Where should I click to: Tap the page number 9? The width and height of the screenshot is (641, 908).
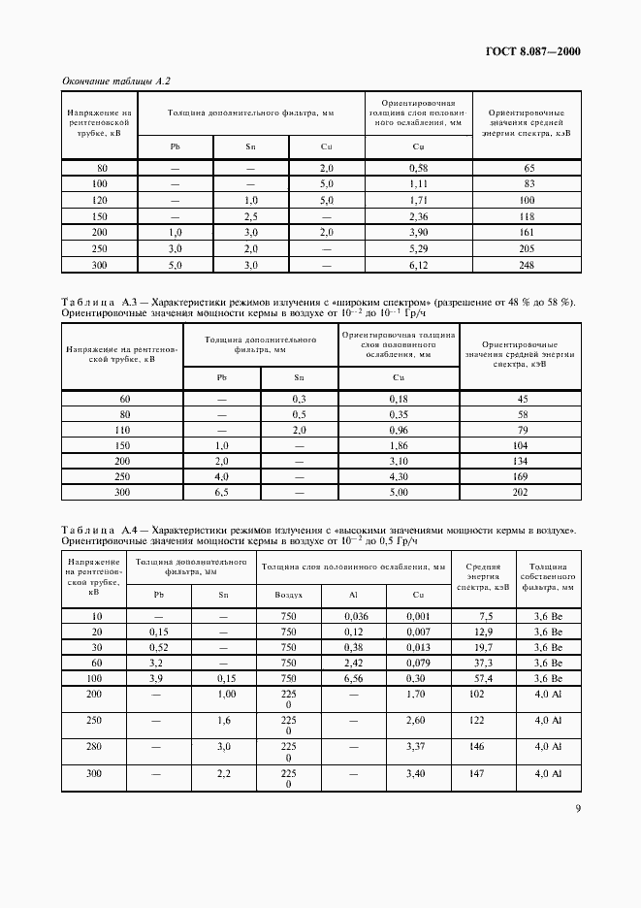[577, 809]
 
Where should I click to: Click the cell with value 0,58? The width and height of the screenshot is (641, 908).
[418, 169]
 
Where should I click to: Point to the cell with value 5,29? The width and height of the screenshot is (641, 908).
[418, 248]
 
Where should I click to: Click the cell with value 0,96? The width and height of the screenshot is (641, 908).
[399, 430]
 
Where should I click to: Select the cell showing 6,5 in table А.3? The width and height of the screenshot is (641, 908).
[221, 493]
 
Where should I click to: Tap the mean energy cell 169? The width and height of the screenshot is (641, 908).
[519, 477]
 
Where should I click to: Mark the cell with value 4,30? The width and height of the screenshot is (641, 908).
[399, 477]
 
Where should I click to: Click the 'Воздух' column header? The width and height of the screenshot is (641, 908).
[288, 594]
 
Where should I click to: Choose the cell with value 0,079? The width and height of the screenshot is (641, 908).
[418, 664]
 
